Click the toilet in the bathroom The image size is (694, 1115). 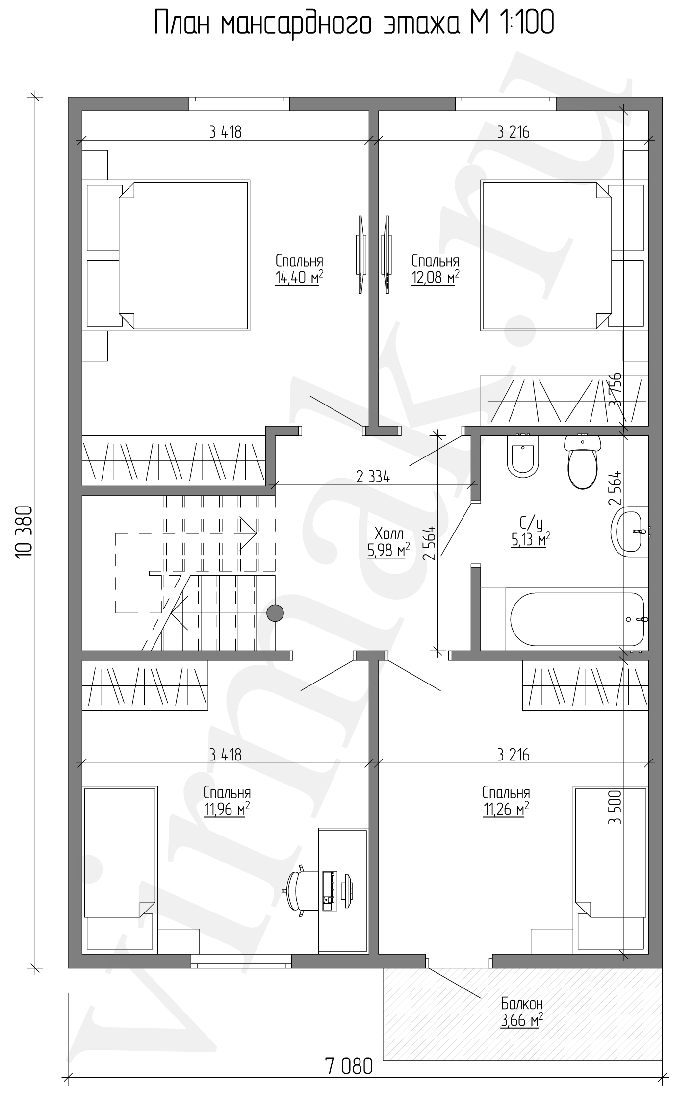pos(583,461)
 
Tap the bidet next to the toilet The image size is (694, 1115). pos(522,456)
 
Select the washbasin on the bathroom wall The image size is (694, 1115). pos(630,531)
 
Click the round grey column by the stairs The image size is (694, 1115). pos(275,613)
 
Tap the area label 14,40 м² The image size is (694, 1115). pos(299,278)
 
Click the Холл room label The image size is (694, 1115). pos(388,533)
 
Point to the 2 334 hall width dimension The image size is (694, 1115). pos(373,477)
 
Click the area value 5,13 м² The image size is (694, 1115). pos(531,540)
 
